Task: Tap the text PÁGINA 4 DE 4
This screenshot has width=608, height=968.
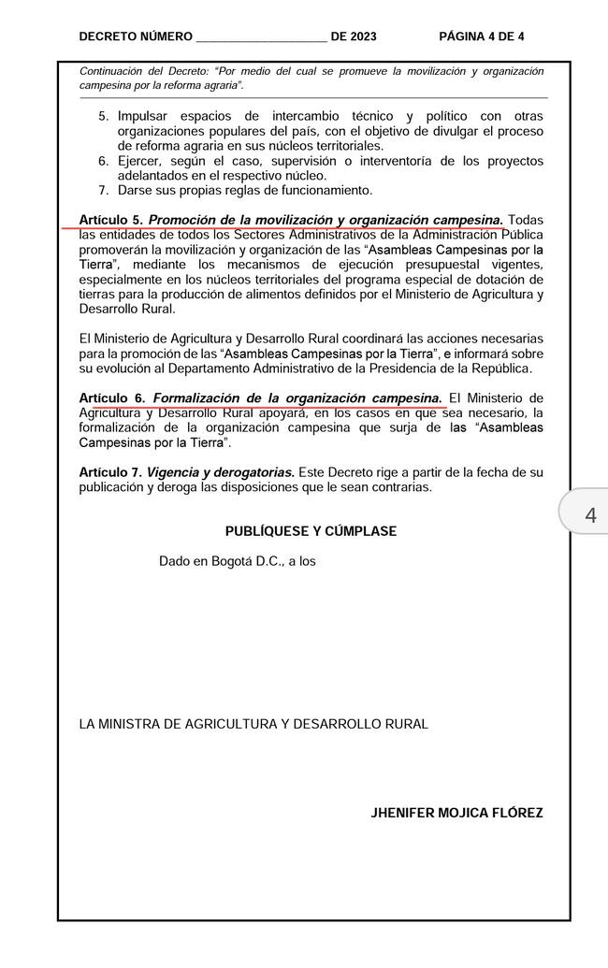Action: click(x=482, y=36)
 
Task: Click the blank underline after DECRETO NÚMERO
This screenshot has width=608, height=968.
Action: click(x=261, y=39)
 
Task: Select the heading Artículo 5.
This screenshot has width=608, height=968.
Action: click(x=111, y=221)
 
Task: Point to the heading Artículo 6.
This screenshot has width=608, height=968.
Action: click(x=111, y=398)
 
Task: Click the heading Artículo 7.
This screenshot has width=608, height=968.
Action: click(x=111, y=472)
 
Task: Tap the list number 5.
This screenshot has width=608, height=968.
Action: click(x=104, y=117)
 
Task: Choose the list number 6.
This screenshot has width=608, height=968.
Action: click(x=104, y=161)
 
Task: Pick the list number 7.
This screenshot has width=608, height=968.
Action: click(x=104, y=191)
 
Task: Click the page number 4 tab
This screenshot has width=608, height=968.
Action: click(x=589, y=514)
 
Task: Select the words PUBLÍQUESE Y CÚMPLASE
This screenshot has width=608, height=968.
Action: click(x=311, y=531)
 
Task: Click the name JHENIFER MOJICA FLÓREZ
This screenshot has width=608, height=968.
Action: click(x=456, y=813)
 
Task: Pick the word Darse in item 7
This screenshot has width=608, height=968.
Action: click(x=137, y=191)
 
